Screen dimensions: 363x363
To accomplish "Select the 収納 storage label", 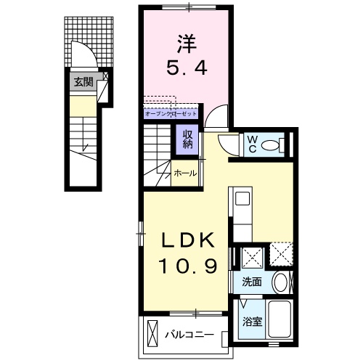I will click(x=187, y=138).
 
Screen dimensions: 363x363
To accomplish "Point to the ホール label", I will click(x=185, y=174).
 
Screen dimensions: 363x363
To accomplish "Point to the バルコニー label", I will click(x=188, y=335).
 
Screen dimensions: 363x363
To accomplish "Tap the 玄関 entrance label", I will click(x=83, y=81).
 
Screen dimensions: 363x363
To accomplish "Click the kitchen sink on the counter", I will click(x=242, y=197).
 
